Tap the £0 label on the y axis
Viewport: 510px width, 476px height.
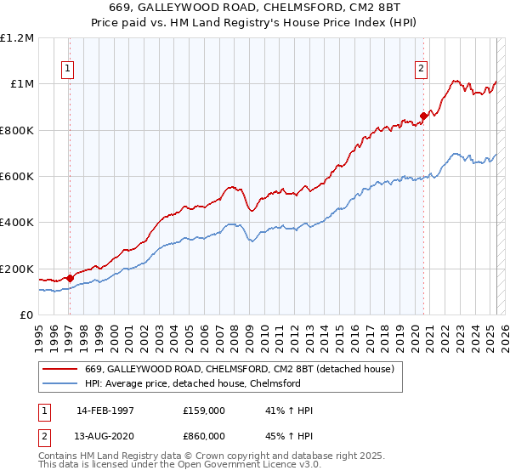tap(26, 314)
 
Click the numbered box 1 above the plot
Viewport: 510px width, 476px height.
tap(67, 71)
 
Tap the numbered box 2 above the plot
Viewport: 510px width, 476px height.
tap(421, 71)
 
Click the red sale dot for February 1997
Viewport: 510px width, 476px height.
tap(70, 278)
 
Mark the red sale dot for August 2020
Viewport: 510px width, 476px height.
tap(422, 116)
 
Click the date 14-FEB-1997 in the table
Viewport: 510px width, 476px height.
tap(105, 411)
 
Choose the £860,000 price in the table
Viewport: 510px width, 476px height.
tap(204, 435)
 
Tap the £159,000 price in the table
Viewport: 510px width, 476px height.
tap(204, 411)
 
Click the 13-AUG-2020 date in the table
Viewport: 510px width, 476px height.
tap(105, 435)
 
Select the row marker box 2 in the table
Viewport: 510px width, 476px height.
tap(44, 435)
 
